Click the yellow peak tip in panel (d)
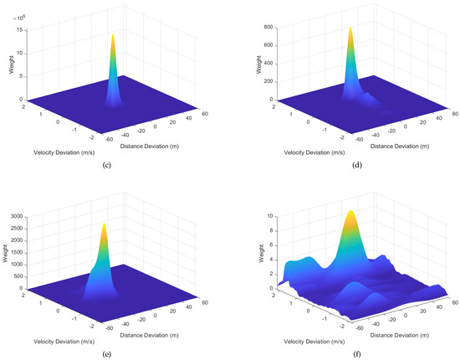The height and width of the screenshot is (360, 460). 350,28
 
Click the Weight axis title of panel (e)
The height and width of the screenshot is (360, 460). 9,251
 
